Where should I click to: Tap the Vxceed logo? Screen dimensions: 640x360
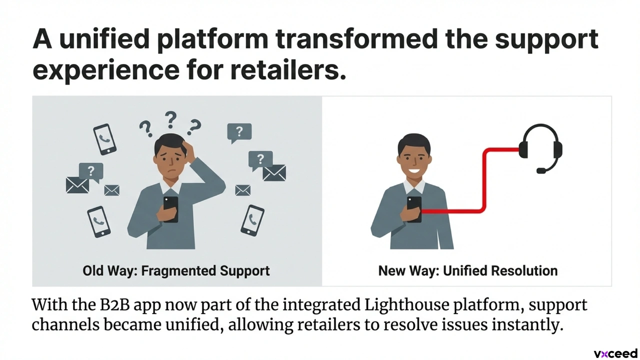pyautogui.click(x=615, y=353)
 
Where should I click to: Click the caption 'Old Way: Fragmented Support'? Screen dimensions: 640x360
pyautogui.click(x=176, y=270)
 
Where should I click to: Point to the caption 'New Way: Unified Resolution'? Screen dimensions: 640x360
pyautogui.click(x=467, y=270)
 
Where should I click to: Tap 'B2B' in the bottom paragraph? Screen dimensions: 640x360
pyautogui.click(x=115, y=305)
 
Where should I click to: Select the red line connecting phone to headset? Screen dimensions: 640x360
pyautogui.click(x=483, y=180)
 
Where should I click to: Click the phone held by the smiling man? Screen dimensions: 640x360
pyautogui.click(x=414, y=209)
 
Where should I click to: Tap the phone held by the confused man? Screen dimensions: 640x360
pyautogui.click(x=171, y=209)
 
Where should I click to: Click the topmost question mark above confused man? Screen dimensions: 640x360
pyautogui.click(x=170, y=120)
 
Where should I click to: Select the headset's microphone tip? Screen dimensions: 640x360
pyautogui.click(x=541, y=171)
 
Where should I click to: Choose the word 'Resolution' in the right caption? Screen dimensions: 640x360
pyautogui.click(x=524, y=270)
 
